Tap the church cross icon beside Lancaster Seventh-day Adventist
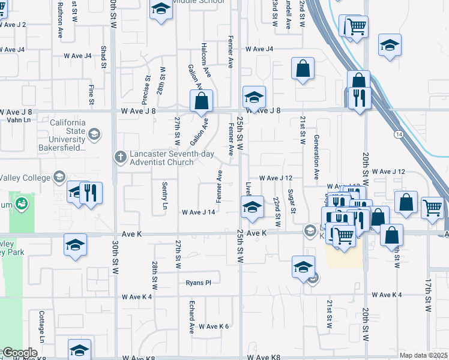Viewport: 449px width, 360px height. [x=120, y=157]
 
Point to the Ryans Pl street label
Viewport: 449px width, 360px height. [x=199, y=283]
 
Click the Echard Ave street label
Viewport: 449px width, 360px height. [x=192, y=317]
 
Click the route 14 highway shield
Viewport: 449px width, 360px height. [x=398, y=135]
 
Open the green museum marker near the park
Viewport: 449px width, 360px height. [x=22, y=204]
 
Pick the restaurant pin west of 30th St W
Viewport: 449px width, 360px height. [x=91, y=193]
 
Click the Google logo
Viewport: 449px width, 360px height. [x=19, y=353]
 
